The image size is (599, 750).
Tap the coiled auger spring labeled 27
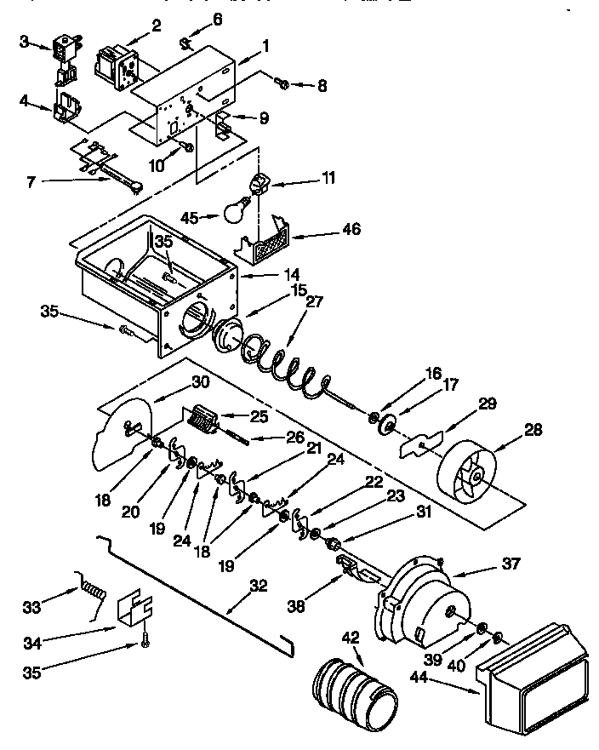[294, 361]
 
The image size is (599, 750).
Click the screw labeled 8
[284, 83]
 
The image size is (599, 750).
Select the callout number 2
[156, 25]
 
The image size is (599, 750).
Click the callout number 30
[200, 383]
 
